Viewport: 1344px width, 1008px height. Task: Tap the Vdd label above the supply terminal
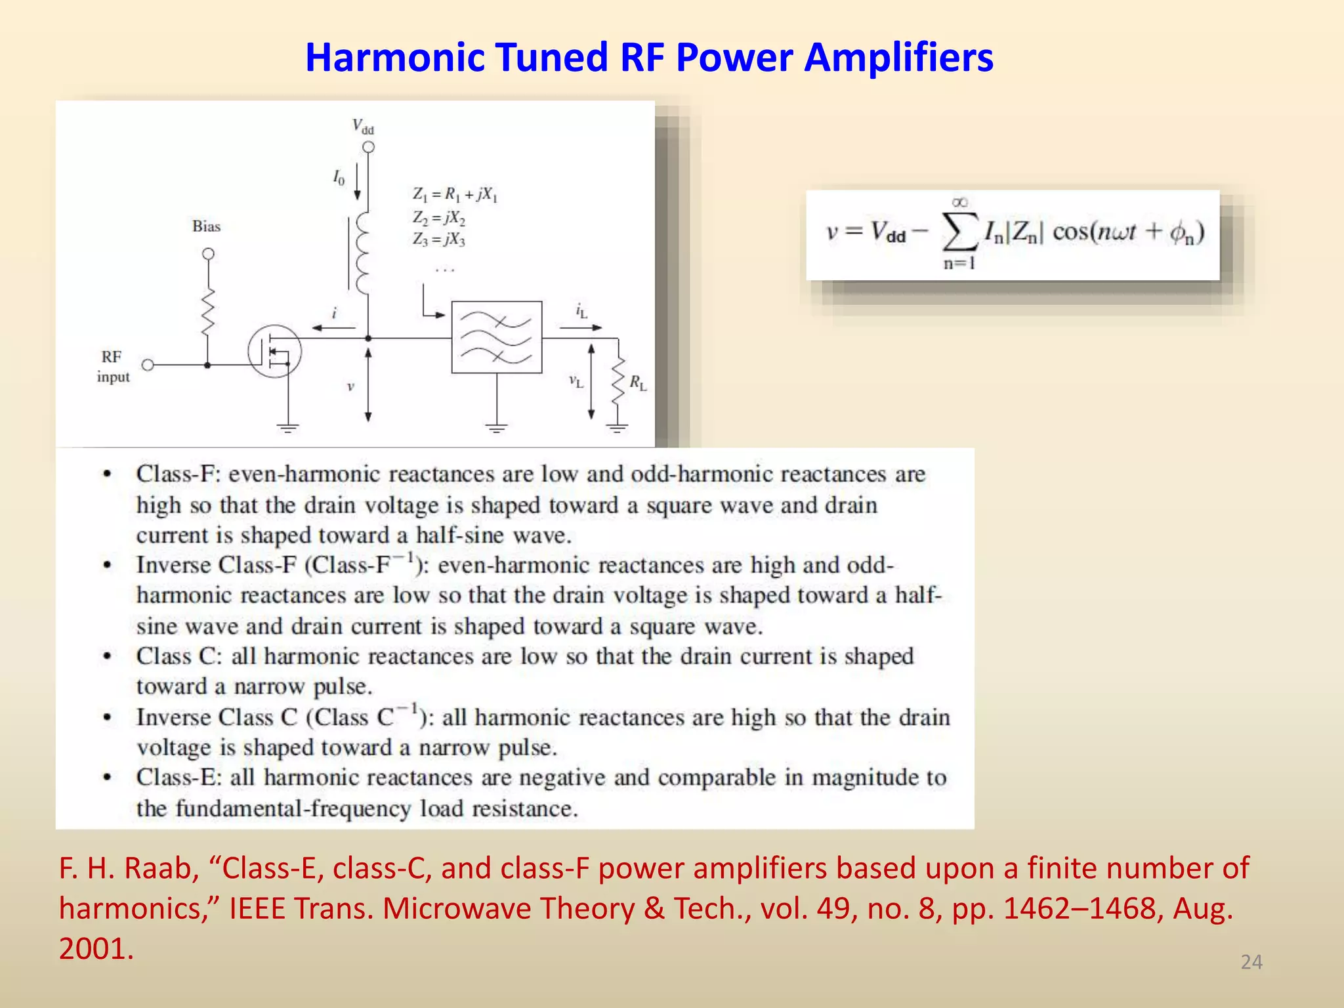point(363,125)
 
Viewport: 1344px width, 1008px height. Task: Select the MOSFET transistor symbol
point(275,352)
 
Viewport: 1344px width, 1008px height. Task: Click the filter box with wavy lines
point(497,337)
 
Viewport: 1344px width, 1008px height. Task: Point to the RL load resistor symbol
point(618,383)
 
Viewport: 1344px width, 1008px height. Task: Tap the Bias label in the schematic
point(206,226)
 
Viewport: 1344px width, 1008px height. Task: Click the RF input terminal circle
point(148,365)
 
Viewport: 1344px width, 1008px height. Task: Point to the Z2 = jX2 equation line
point(439,217)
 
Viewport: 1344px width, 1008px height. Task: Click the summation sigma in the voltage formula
point(959,232)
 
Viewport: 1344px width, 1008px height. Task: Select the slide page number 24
point(1251,962)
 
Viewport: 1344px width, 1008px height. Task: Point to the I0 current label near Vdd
point(339,177)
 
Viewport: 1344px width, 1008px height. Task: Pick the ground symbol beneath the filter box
point(497,428)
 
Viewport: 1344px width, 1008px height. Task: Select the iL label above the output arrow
point(581,311)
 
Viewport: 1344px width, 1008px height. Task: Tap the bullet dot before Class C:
point(107,656)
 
